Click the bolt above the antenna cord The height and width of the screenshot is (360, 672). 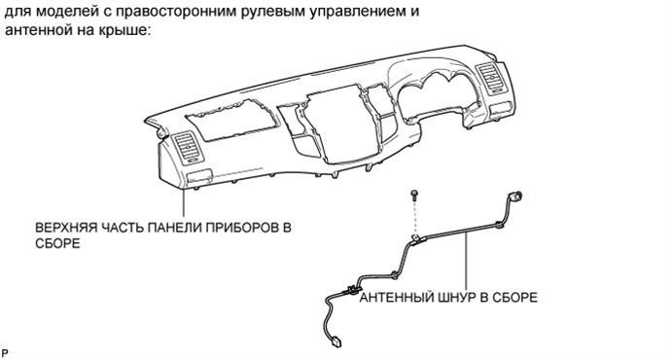(x=415, y=194)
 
